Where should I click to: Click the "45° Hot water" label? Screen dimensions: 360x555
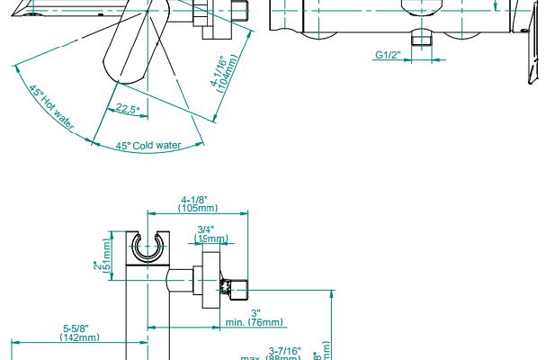coord(50,105)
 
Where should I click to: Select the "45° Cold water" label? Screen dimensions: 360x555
coord(148,145)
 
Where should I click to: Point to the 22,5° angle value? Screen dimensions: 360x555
coord(127,111)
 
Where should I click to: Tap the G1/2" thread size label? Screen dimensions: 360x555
coord(387,56)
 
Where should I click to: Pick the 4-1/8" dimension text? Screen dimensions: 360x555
coord(194,199)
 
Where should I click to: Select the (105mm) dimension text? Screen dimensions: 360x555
coord(194,208)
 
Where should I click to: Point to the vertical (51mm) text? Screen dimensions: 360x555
coord(108,255)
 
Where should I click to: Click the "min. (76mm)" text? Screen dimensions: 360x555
coord(255,322)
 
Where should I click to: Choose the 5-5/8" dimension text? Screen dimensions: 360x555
coord(79,328)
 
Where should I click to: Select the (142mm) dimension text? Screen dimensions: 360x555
coord(79,337)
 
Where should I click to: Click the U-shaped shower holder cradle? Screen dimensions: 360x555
coord(147,247)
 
